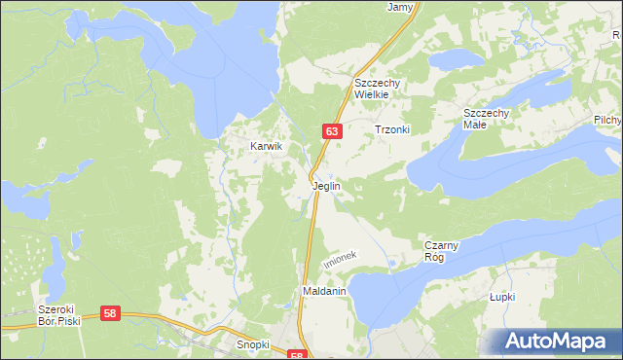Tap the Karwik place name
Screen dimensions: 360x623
(266, 146)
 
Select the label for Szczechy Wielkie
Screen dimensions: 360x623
(385, 89)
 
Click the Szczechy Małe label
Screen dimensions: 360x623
(487, 119)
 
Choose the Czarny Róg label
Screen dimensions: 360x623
(448, 251)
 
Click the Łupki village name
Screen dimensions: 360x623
(502, 297)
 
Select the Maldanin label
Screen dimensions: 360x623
(324, 291)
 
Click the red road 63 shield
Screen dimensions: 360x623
(332, 130)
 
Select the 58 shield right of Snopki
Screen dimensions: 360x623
(297, 356)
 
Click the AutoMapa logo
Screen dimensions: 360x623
(558, 342)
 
